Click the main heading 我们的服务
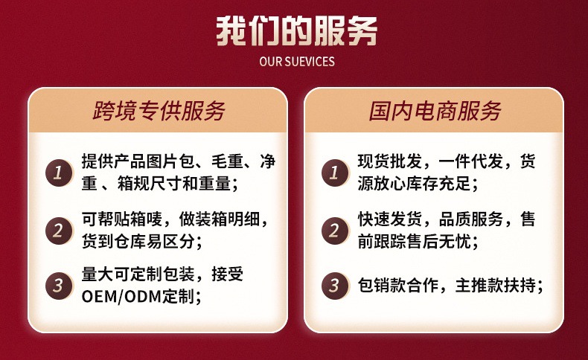tap(297, 31)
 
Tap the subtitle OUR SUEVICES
tap(297, 62)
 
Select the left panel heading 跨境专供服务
tap(159, 111)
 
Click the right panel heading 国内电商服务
tap(435, 111)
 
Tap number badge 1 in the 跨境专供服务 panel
tap(59, 173)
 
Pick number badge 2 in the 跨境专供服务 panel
tap(59, 231)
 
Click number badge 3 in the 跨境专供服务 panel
tap(59, 286)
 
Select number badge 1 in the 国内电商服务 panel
tap(335, 173)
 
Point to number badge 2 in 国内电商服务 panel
tap(335, 231)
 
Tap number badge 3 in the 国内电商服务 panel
tap(335, 286)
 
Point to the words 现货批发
tap(389, 161)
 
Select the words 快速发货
tap(389, 219)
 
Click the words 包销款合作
tap(397, 286)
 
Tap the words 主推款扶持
tap(496, 286)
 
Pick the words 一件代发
tap(470, 161)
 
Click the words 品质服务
tap(470, 219)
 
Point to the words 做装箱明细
tap(219, 219)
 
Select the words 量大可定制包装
tap(138, 274)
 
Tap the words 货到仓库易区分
tap(138, 242)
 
